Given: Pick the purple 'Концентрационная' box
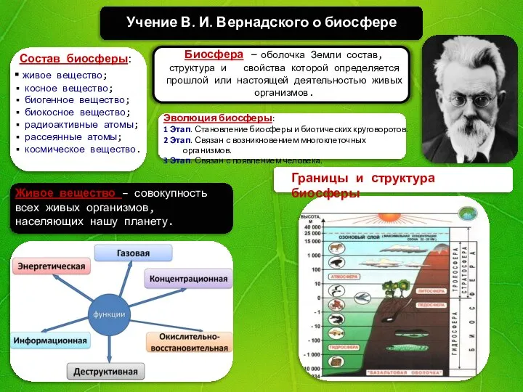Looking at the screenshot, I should click(x=188, y=278).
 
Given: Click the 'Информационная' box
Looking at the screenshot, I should click(x=50, y=340).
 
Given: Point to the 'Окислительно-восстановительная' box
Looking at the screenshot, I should click(x=190, y=343).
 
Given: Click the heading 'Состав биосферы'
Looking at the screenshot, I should click(x=73, y=58).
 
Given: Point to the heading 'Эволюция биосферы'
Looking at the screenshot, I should click(x=218, y=118).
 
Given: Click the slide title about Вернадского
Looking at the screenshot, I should click(x=261, y=22).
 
